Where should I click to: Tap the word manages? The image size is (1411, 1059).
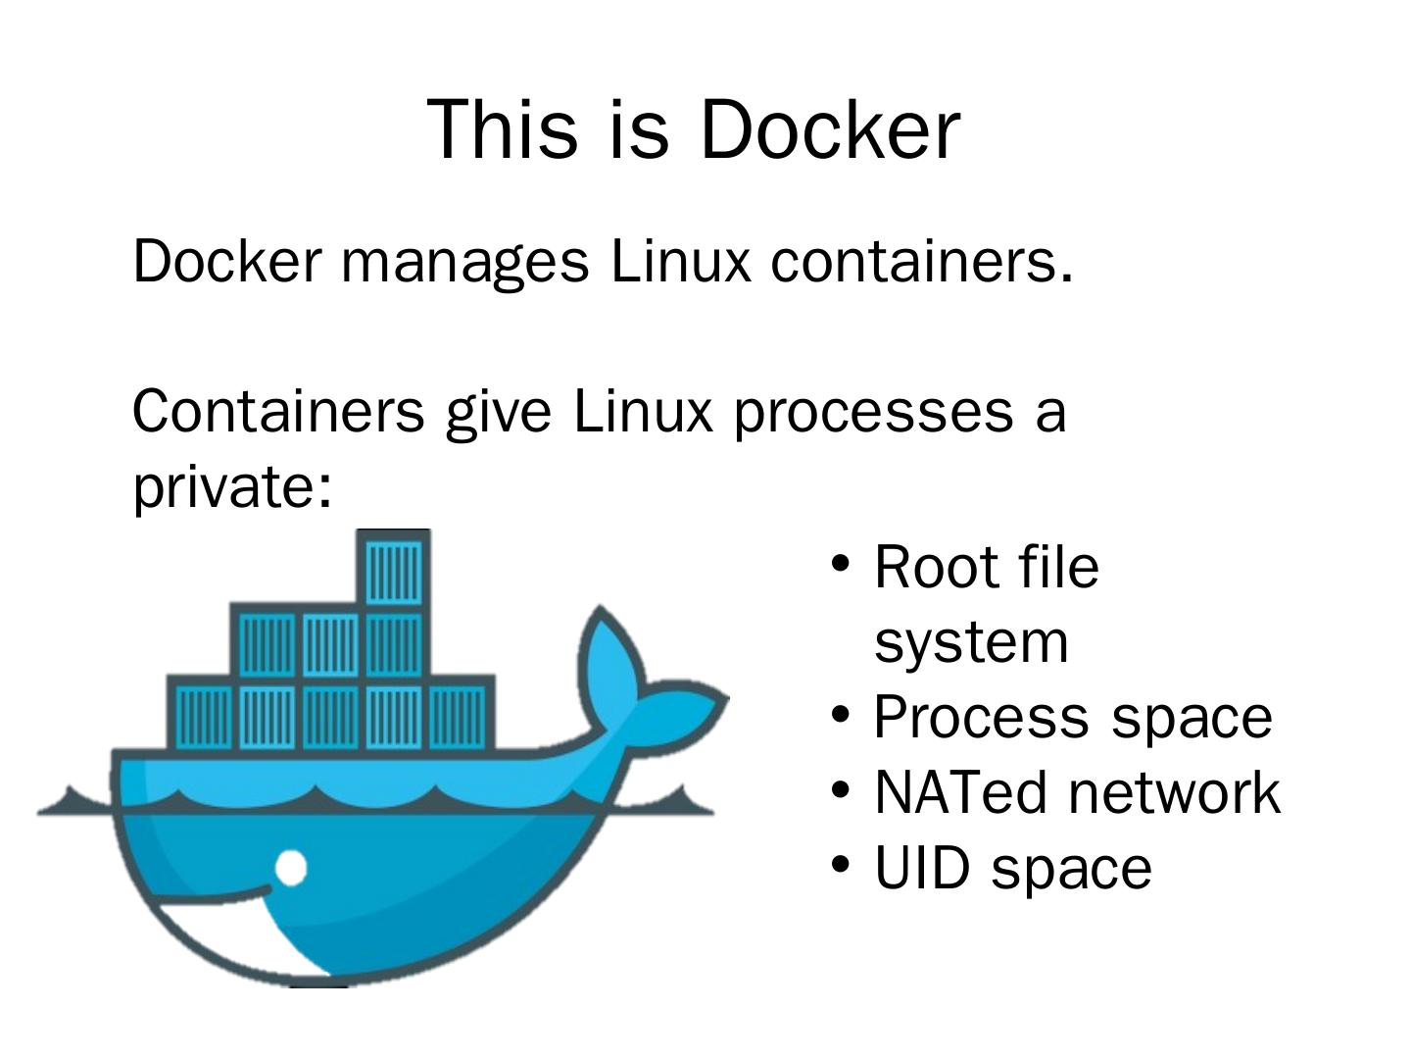coord(464,261)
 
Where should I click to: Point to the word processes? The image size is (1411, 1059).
coord(873,412)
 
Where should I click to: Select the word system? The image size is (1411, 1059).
coord(970,642)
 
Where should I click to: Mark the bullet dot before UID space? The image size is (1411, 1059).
coord(840,865)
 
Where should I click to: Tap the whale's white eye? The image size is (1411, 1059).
coord(290,868)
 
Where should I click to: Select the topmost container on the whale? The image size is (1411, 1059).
coord(394,569)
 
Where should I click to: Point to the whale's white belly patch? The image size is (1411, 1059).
coord(235,932)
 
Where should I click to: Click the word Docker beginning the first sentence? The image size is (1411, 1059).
coord(226,261)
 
